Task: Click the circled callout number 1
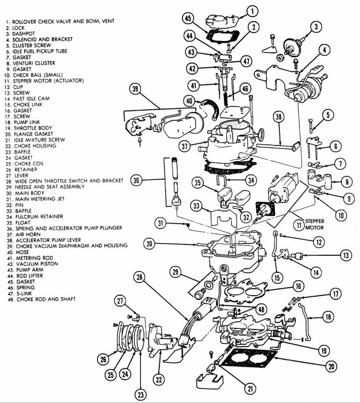coord(252,10)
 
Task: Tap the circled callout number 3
coord(316,27)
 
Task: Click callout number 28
coord(139,278)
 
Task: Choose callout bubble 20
coord(330,366)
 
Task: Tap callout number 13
coord(345,255)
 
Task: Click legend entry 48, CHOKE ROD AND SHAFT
coord(45,299)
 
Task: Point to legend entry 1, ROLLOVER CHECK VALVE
coord(55,22)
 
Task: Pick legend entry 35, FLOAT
coord(23,222)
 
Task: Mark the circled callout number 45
coord(189,19)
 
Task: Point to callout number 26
coord(103,360)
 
